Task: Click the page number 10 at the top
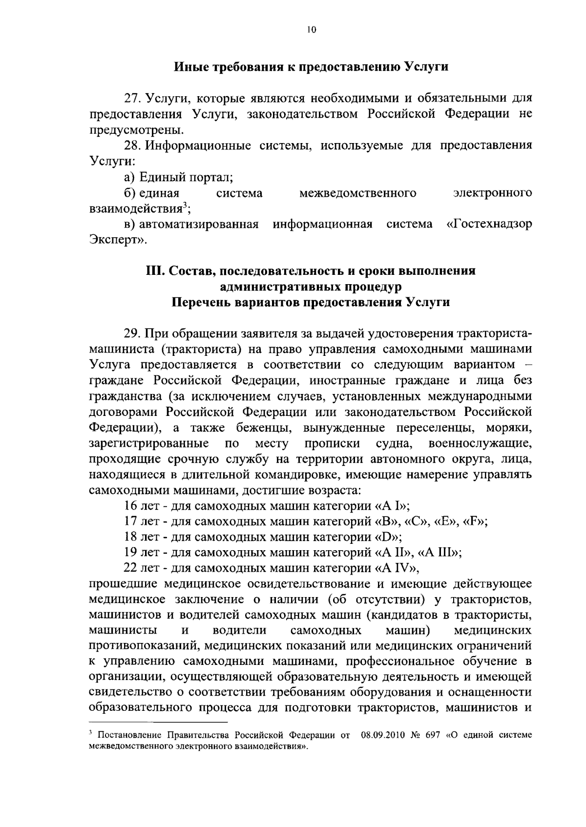pos(312,30)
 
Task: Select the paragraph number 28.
pos(133,146)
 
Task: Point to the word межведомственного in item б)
pos(358,193)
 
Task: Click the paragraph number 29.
pos(133,334)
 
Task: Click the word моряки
pos(509,428)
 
